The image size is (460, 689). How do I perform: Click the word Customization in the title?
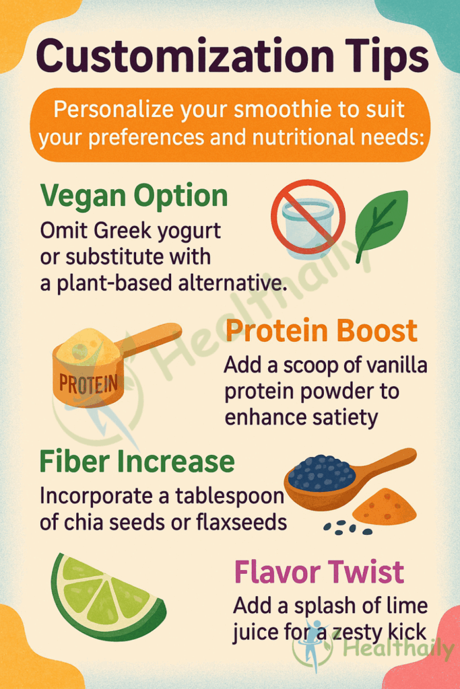pyautogui.click(x=185, y=57)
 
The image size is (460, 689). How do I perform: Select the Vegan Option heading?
pyautogui.click(x=134, y=196)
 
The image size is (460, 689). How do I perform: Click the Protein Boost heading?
pyautogui.click(x=321, y=330)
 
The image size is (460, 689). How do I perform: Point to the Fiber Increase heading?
pyautogui.click(x=137, y=462)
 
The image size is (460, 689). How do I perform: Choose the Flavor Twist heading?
pyautogui.click(x=319, y=572)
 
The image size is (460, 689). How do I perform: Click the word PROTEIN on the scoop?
pyautogui.click(x=88, y=384)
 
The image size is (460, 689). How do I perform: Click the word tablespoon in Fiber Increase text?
pyautogui.click(x=230, y=497)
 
